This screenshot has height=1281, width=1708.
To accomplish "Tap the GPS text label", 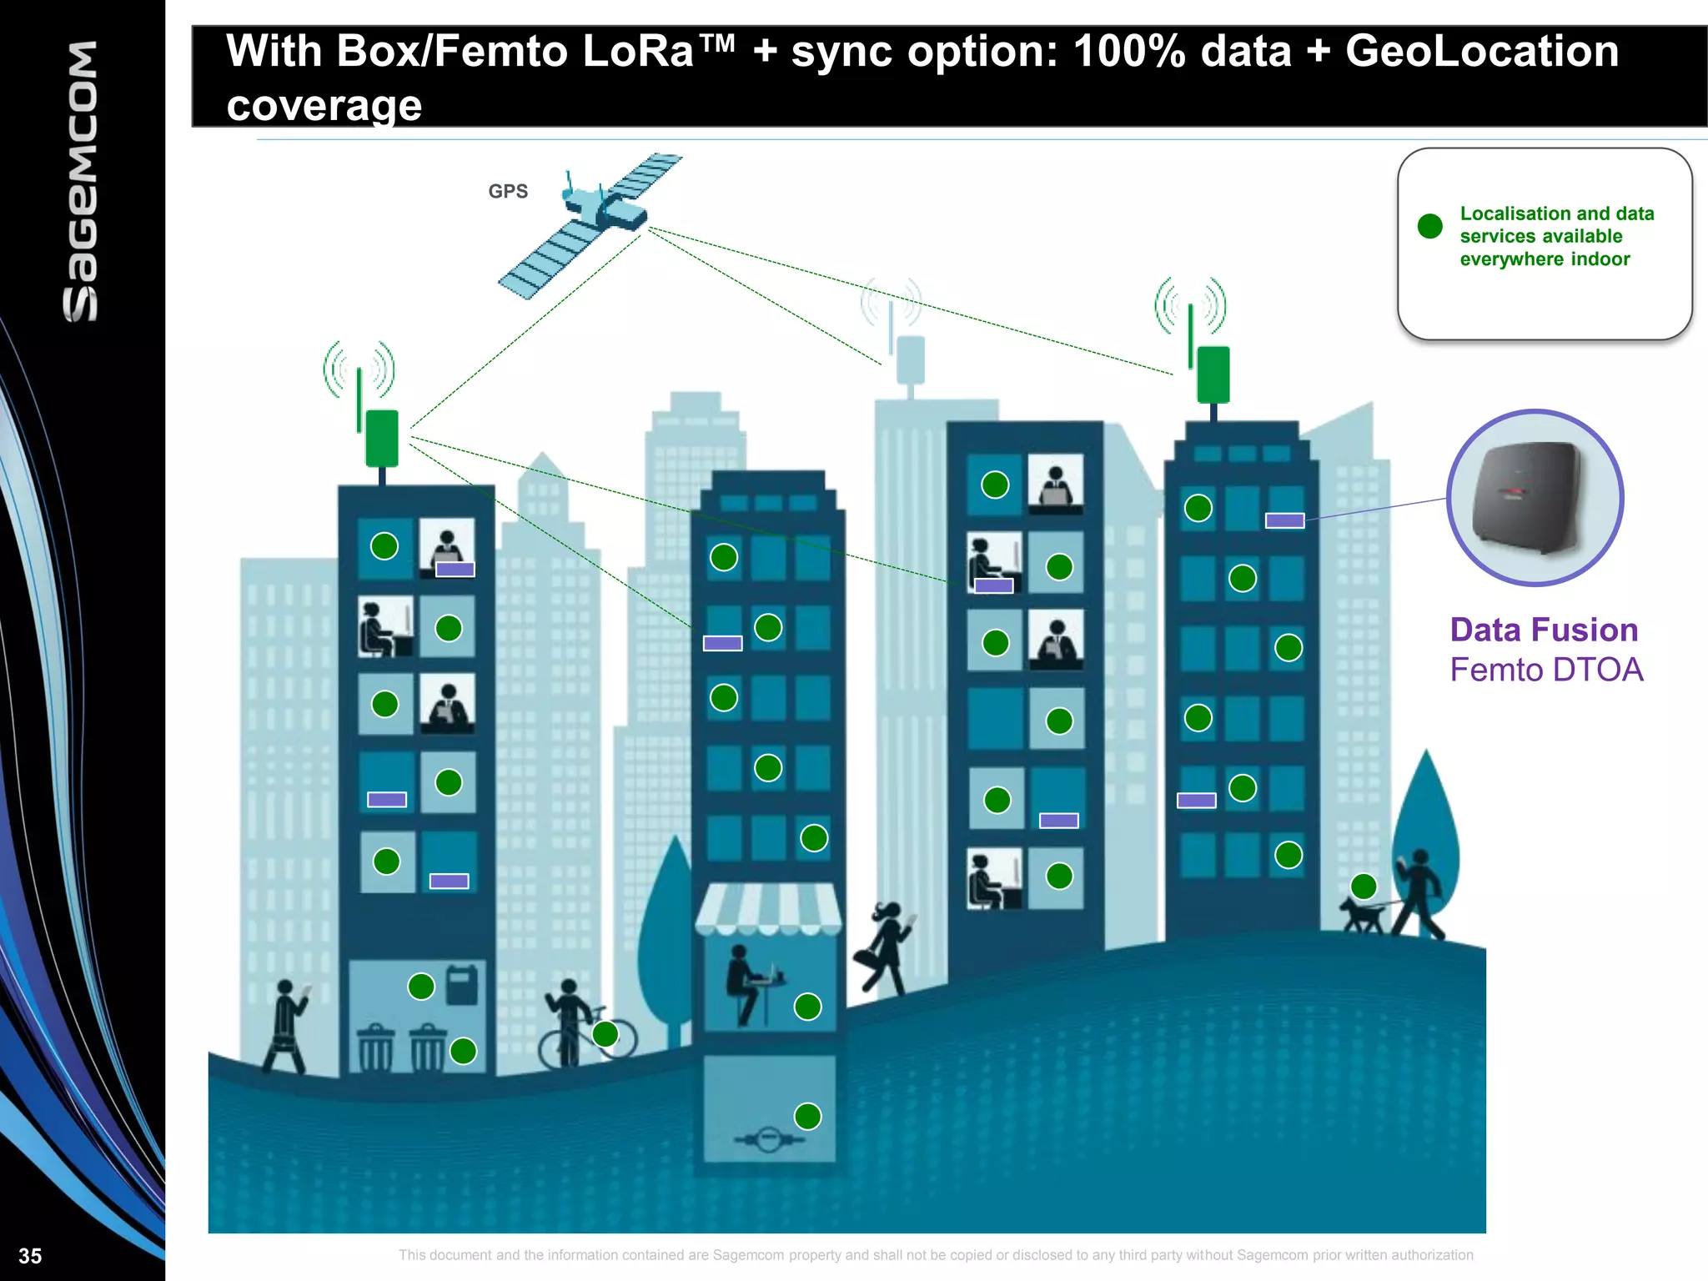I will point(508,191).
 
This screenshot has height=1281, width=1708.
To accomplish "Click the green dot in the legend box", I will point(1429,226).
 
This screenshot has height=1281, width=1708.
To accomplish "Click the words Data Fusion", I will point(1544,630).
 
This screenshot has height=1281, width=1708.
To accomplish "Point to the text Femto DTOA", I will point(1545,670).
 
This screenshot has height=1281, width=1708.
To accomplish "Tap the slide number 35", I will point(30,1255).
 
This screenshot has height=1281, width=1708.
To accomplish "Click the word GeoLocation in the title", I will point(1481,52).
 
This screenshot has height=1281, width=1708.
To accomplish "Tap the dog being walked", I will point(1362,915).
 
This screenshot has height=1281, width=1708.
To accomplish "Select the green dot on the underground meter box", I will point(807,1116).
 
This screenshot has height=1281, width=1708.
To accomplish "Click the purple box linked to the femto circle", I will point(1284,520).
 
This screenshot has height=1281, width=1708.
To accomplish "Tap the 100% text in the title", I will point(1129,52).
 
